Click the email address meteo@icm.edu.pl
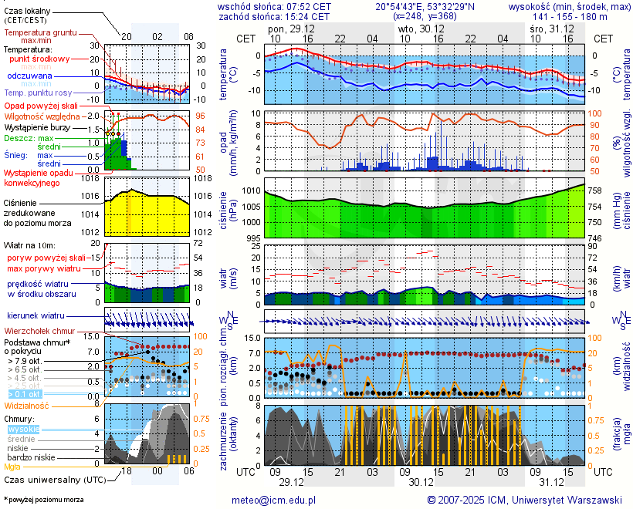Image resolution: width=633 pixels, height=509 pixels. click(x=274, y=500)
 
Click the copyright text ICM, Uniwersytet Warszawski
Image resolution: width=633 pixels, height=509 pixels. click(x=525, y=500)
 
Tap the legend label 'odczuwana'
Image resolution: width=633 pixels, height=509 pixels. click(x=29, y=76)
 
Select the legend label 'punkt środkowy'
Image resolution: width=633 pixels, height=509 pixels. click(x=39, y=59)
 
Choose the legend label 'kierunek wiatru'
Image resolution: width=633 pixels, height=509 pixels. click(x=36, y=315)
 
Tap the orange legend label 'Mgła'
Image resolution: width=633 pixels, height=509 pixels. click(x=12, y=467)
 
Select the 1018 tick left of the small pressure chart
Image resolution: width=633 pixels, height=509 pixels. click(x=91, y=179)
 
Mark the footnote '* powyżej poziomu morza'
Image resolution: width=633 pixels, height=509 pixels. click(x=44, y=500)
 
